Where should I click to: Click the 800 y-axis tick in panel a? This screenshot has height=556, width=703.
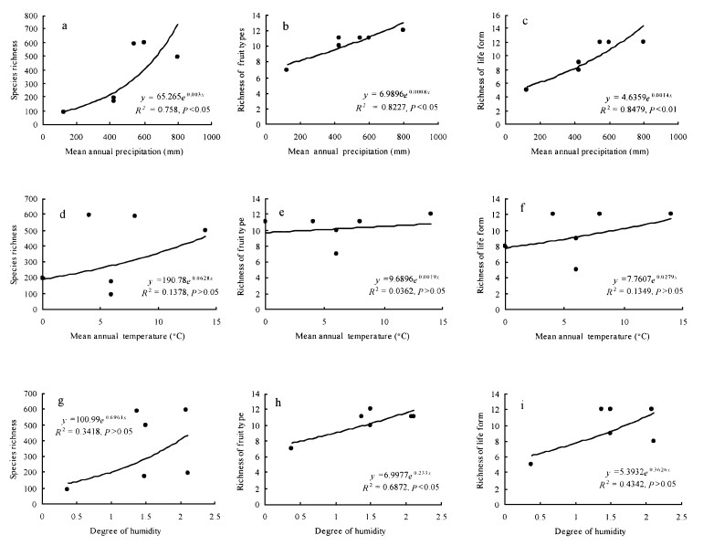coord(31,16)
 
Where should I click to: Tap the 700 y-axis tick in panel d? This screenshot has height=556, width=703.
coord(31,199)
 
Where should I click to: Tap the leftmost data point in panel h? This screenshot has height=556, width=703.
coord(290,448)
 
